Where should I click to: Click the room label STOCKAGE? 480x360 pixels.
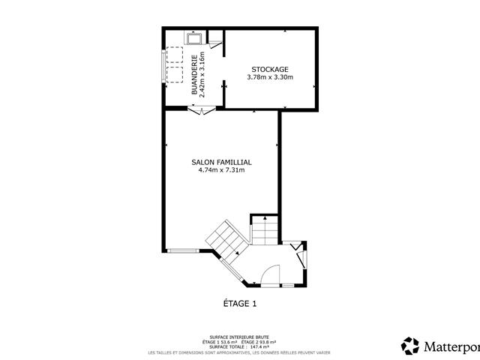270,69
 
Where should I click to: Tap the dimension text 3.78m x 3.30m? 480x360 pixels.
270,77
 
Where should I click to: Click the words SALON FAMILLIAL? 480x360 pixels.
222,161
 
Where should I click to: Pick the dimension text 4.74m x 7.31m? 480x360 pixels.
222,170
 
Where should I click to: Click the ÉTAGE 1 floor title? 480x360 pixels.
240,304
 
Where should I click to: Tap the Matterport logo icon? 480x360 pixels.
410,346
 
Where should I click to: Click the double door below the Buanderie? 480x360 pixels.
202,111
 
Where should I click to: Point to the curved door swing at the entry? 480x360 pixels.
270,274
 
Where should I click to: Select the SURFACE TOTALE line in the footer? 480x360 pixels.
240,347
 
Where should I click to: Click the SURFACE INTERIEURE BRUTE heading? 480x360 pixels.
240,337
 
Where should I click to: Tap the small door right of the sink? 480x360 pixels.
214,40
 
